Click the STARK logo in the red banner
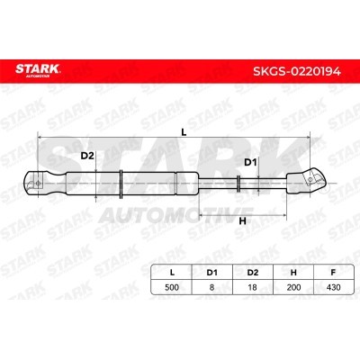pyautogui.click(x=38, y=70)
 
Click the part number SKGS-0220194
pyautogui.click(x=297, y=71)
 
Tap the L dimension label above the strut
pyautogui.click(x=184, y=132)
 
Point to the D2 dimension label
pyautogui.click(x=87, y=156)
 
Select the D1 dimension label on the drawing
pyautogui.click(x=250, y=163)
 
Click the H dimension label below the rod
pyautogui.click(x=242, y=221)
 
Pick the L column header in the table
pyautogui.click(x=172, y=273)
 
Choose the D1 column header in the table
pyautogui.click(x=211, y=273)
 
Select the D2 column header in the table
pyautogui.click(x=253, y=273)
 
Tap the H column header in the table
pyautogui.click(x=293, y=273)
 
